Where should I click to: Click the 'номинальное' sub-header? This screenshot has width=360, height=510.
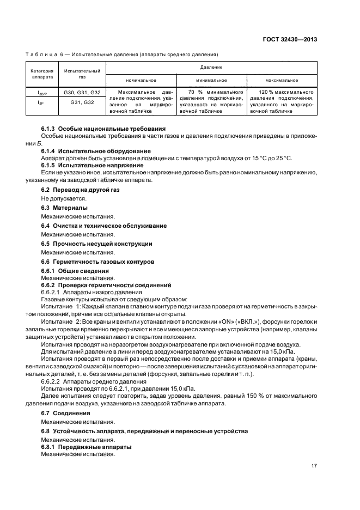(x=141, y=81)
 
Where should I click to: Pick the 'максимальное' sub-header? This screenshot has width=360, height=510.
(x=282, y=81)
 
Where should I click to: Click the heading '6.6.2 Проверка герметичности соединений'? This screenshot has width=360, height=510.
(x=106, y=285)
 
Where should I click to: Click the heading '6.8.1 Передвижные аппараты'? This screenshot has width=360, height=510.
(x=86, y=447)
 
